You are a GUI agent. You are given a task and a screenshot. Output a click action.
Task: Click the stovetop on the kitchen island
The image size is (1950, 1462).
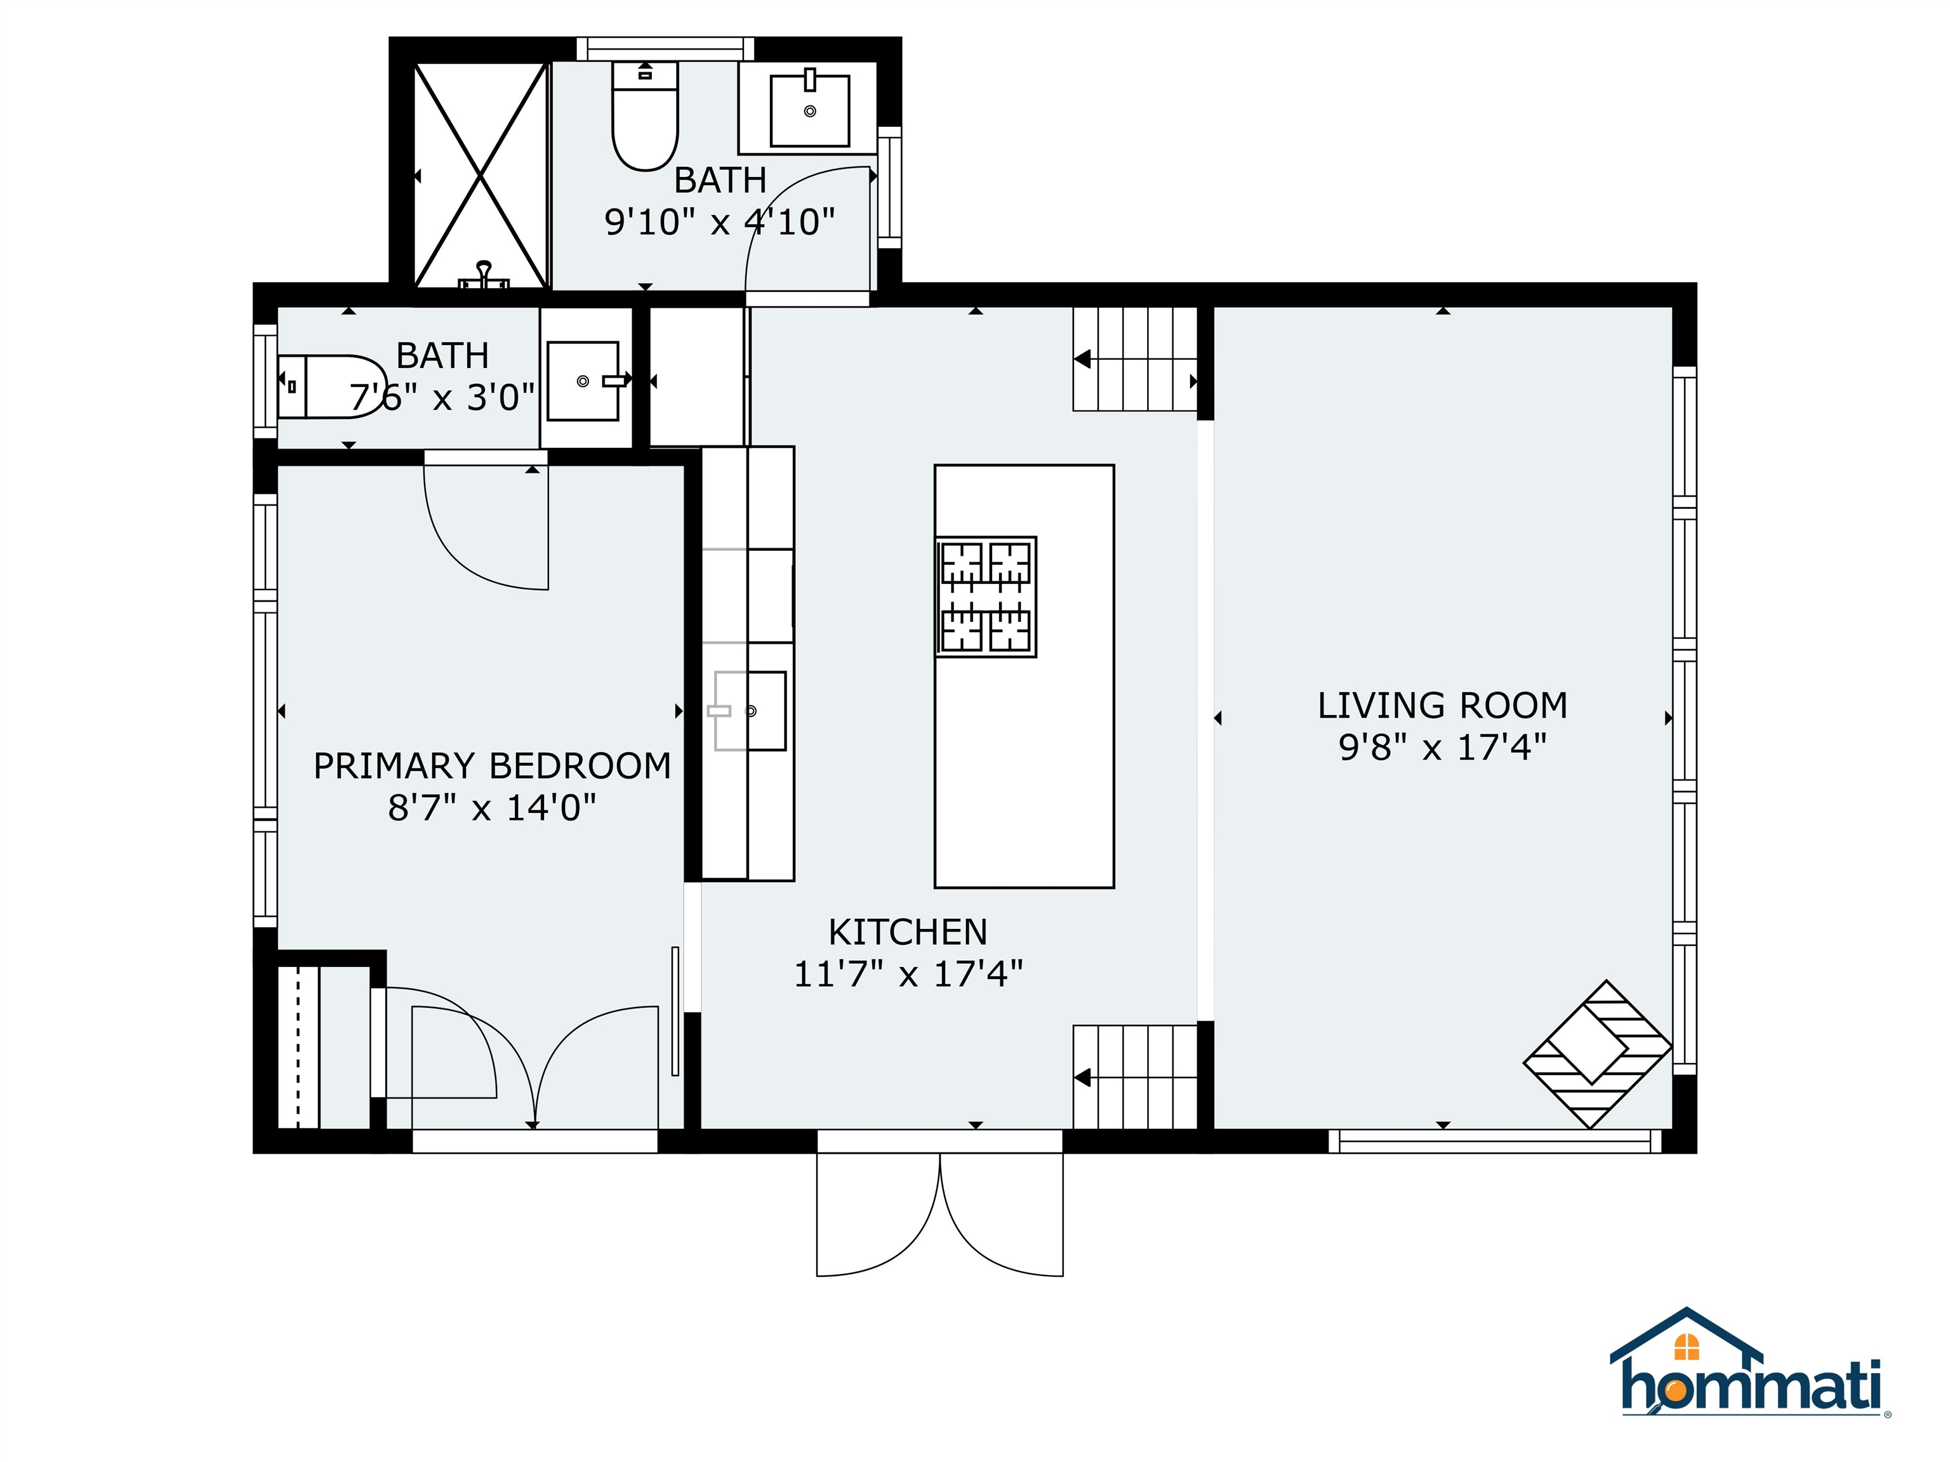[986, 596]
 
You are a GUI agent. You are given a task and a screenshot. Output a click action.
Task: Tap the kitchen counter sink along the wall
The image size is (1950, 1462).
[749, 710]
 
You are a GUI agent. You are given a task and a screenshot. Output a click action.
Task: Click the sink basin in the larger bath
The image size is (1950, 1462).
[809, 111]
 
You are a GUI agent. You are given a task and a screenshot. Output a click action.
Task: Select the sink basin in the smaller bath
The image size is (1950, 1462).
[583, 381]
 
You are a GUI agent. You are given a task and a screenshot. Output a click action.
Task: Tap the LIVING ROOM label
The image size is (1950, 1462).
[1442, 705]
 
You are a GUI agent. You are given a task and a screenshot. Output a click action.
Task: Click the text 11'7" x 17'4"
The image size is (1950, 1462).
[908, 974]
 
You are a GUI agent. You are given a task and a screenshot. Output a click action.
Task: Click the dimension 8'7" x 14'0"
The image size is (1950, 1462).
[492, 807]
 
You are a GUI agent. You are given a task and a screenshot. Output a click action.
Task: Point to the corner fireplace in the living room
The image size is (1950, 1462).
[1597, 1054]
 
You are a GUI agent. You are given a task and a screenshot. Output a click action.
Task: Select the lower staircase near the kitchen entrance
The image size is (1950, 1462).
[1134, 1076]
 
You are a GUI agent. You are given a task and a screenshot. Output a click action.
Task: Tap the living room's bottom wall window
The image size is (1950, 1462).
[1494, 1141]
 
